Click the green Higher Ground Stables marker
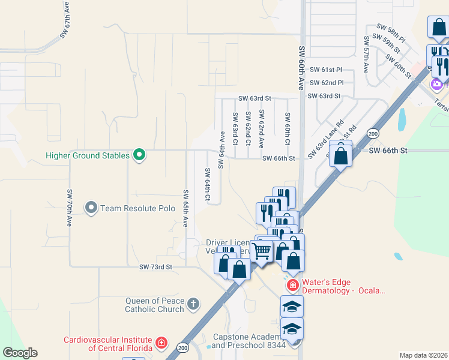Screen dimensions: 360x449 [139, 155]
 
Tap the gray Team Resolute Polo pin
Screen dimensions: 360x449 [91, 208]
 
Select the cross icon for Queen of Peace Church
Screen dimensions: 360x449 [193, 304]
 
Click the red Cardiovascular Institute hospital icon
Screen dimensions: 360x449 [161, 343]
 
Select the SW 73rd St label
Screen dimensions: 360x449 [155, 266]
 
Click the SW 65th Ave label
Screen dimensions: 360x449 [185, 208]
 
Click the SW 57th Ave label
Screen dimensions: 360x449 [365, 54]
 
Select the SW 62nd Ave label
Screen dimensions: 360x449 [262, 129]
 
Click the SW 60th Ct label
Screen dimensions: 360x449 [288, 129]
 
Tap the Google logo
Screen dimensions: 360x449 [20, 353]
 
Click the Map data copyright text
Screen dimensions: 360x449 [423, 355]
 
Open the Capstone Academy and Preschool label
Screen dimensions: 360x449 [249, 341]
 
